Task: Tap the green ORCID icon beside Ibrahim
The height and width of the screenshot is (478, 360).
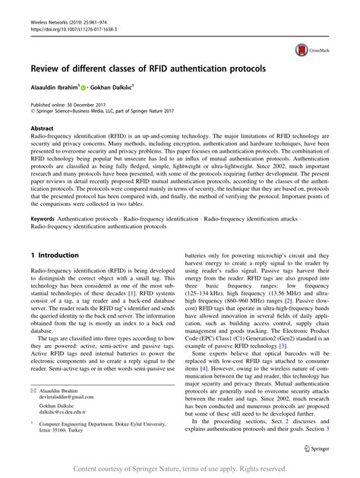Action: tap(93, 86)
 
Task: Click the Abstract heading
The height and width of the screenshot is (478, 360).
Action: tap(43, 129)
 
